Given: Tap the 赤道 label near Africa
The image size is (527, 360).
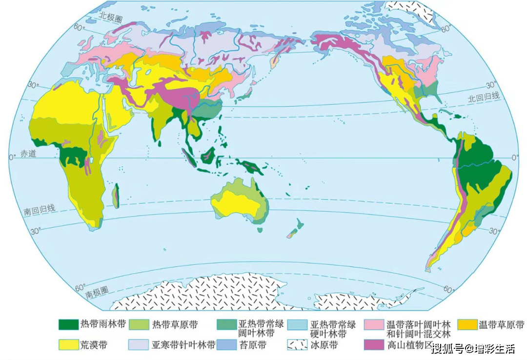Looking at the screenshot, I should click(x=28, y=154).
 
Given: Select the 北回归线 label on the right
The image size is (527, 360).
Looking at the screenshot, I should click(x=484, y=97).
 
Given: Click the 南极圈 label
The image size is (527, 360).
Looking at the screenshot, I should click(x=96, y=294).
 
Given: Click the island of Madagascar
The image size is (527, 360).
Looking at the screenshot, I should click(x=116, y=198).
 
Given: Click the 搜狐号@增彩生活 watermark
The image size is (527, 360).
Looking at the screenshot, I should click(x=473, y=349).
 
